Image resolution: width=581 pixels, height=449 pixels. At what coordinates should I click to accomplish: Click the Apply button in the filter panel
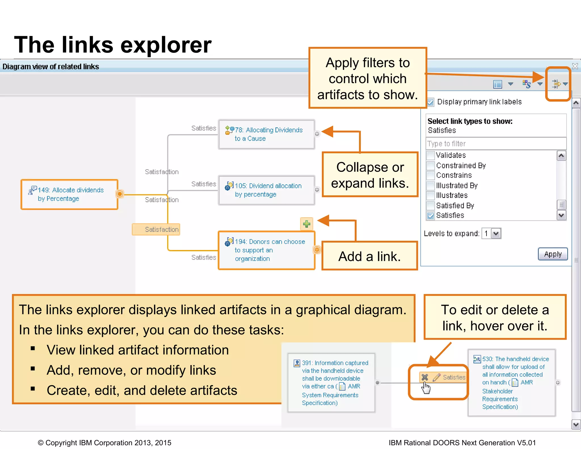pyautogui.click(x=553, y=254)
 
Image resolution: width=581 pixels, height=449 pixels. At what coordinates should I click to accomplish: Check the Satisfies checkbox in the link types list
pyautogui.click(x=431, y=216)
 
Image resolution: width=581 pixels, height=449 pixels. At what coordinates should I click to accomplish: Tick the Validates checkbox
pyautogui.click(x=431, y=155)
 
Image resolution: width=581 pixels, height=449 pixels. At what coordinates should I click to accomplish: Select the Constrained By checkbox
pyautogui.click(x=431, y=166)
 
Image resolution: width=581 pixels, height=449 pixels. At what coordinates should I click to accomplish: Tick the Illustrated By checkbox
pyautogui.click(x=431, y=186)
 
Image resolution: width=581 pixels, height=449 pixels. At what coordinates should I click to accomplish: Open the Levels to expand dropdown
pyautogui.click(x=496, y=234)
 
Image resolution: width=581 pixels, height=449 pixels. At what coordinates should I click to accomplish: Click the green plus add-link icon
pyautogui.click(x=306, y=224)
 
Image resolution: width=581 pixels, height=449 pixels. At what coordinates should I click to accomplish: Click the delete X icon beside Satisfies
pyautogui.click(x=425, y=377)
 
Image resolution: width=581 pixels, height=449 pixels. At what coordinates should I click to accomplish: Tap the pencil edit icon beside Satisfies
pyautogui.click(x=436, y=377)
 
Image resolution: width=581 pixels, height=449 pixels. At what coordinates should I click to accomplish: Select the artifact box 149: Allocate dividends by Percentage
pyautogui.click(x=70, y=194)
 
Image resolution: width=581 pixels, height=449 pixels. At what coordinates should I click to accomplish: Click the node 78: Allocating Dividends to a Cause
pyautogui.click(x=266, y=134)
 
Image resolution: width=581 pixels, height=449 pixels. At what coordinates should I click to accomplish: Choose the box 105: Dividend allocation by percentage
pyautogui.click(x=266, y=190)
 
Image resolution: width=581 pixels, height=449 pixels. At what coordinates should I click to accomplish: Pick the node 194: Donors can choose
pyautogui.click(x=266, y=250)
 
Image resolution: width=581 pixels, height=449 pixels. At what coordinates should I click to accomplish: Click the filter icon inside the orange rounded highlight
pyautogui.click(x=556, y=84)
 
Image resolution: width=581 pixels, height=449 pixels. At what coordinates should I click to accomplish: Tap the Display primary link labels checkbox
pyautogui.click(x=431, y=102)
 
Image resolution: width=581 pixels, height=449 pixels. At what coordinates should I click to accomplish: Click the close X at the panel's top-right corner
pyautogui.click(x=575, y=66)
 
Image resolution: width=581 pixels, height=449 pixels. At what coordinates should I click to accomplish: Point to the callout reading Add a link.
pyautogui.click(x=370, y=256)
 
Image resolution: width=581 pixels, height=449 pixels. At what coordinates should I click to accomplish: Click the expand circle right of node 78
pyautogui.click(x=317, y=134)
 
